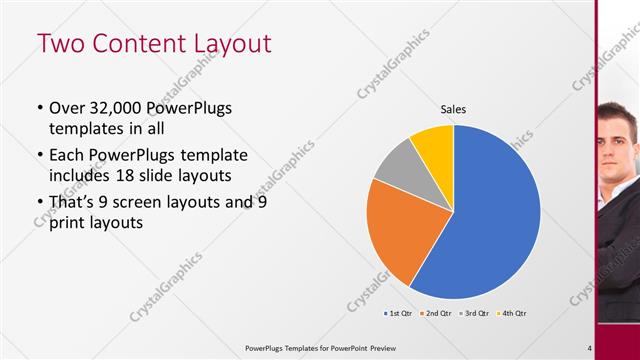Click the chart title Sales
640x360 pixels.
tap(454, 110)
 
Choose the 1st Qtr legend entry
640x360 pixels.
tap(398, 313)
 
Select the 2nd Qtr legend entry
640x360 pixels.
tap(437, 313)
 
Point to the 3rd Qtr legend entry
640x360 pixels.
tap(475, 313)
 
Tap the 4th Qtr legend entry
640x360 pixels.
tap(512, 313)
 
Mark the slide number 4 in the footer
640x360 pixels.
tap(590, 348)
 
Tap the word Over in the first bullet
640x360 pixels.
tap(68, 108)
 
